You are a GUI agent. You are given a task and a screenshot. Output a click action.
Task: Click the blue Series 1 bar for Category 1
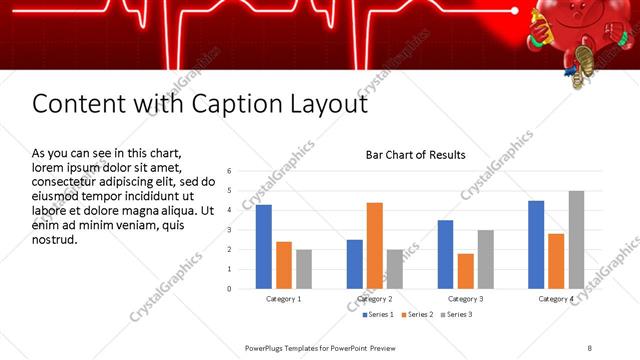tap(264, 247)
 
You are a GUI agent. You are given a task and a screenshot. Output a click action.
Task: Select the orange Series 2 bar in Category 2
tap(375, 246)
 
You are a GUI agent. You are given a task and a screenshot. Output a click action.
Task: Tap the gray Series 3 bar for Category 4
tap(576, 240)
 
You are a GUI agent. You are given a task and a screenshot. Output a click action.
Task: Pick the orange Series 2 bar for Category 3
tap(466, 271)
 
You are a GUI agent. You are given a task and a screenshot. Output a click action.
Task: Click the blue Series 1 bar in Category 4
tap(536, 245)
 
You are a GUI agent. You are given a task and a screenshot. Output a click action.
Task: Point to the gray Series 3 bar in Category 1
tap(304, 269)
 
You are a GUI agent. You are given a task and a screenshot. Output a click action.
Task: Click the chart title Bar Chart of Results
tap(415, 155)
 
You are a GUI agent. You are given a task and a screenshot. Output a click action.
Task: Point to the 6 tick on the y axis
tap(230, 171)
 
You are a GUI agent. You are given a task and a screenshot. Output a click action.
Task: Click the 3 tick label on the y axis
tap(230, 230)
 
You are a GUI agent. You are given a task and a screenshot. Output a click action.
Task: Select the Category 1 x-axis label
tap(284, 299)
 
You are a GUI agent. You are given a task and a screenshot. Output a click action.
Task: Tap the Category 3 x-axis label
tap(466, 299)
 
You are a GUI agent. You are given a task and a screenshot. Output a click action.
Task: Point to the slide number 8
tap(590, 347)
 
